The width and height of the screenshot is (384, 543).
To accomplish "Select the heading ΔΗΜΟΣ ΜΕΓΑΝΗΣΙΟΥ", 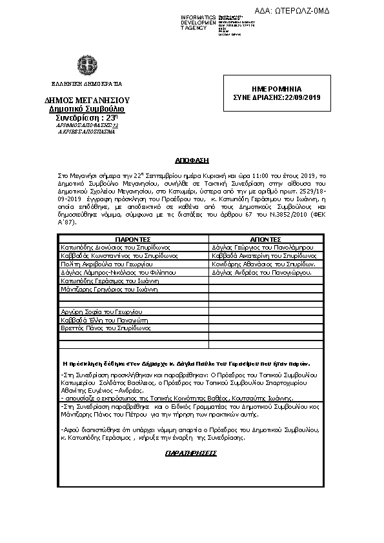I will coord(87,101).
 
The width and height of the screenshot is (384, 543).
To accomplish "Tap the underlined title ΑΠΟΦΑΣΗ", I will coord(192,159).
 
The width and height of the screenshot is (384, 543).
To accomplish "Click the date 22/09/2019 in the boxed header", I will coord(303,97).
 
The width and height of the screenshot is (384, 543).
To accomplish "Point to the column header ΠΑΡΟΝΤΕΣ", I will coord(132,239).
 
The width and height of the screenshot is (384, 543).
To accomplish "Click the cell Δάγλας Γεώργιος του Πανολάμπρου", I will coord(258,247).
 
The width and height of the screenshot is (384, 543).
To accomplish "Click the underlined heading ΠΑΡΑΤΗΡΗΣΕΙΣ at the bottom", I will coord(191,453).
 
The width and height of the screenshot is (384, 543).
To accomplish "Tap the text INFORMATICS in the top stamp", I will coord(198,16).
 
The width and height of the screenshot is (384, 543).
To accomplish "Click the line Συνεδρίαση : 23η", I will coord(86,118).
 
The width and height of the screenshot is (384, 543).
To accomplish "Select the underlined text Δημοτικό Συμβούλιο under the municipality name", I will coord(87,110).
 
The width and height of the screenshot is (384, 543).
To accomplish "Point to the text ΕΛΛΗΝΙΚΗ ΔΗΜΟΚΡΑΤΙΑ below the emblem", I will coord(87,84).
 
